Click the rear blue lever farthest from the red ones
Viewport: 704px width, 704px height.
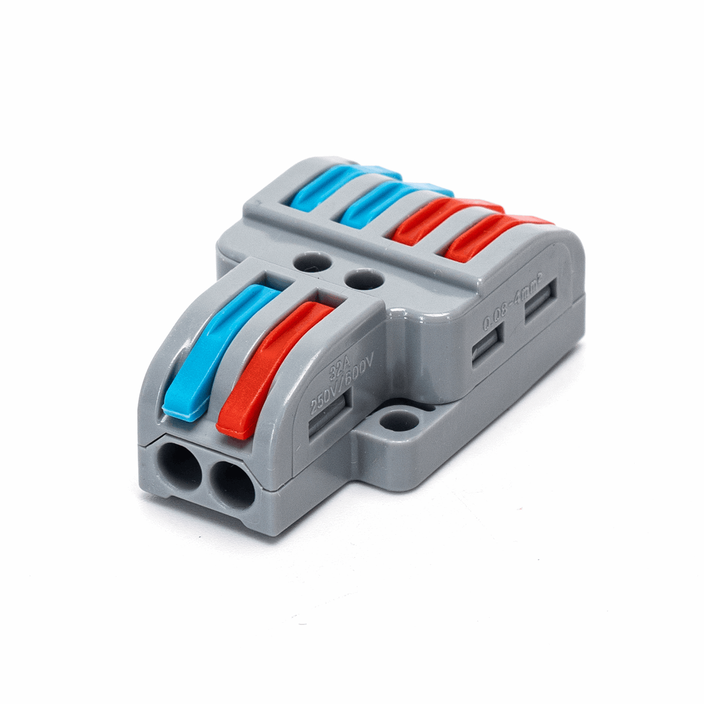click(x=341, y=183)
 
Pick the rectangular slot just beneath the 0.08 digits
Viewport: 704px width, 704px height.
click(x=487, y=348)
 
